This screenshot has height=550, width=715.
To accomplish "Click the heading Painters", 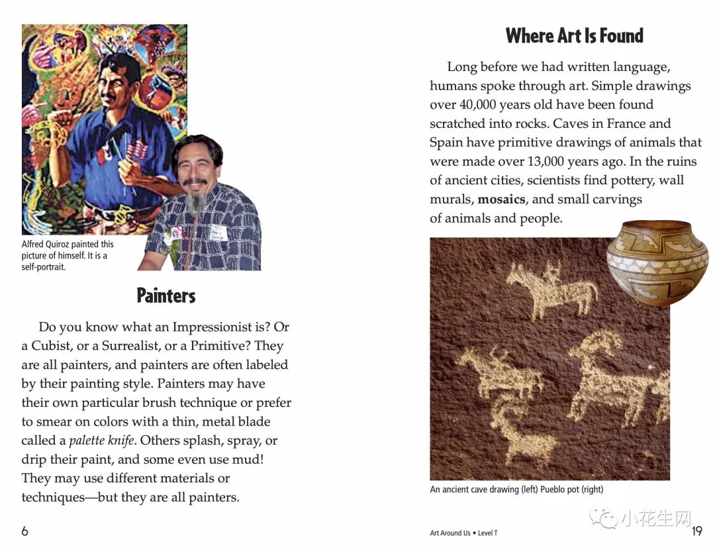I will click(x=166, y=296).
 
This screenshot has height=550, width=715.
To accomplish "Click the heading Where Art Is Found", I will click(x=574, y=36).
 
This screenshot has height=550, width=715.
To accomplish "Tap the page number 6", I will click(x=25, y=531).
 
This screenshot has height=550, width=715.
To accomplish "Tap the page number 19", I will click(x=696, y=531).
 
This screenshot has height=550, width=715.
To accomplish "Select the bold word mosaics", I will click(x=502, y=199).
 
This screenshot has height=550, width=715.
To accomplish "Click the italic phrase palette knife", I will click(x=102, y=441).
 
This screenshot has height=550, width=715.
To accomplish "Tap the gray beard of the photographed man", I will click(x=195, y=202).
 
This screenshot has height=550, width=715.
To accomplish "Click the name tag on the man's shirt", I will click(x=218, y=233).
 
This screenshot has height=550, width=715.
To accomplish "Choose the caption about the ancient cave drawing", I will click(x=516, y=490).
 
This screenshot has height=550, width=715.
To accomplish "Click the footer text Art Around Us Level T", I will click(x=463, y=533).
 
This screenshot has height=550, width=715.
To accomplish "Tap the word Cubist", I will click(x=52, y=346).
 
